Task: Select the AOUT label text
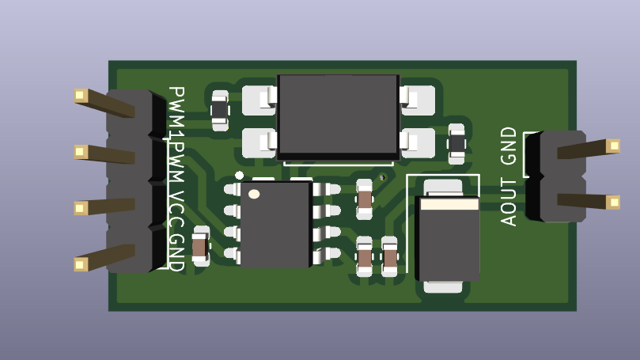pyautogui.click(x=509, y=203)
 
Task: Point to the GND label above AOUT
pyautogui.click(x=509, y=146)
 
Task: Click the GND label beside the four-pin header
pyautogui.click(x=176, y=252)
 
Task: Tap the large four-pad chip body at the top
pyautogui.click(x=338, y=117)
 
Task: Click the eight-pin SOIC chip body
pyautogui.click(x=275, y=225)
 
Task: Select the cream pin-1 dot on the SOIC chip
pyautogui.click(x=254, y=194)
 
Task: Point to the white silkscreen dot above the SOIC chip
pyautogui.click(x=239, y=176)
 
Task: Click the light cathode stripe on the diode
pyautogui.click(x=449, y=204)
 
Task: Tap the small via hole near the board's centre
pyautogui.click(x=382, y=177)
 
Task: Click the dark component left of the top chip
pyautogui.click(x=220, y=110)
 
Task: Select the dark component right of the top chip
pyautogui.click(x=456, y=144)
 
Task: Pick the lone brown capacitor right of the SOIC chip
pyautogui.click(x=364, y=199)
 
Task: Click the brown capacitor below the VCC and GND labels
pyautogui.click(x=200, y=247)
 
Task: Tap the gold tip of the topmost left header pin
pyautogui.click(x=80, y=96)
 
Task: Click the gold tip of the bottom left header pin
pyautogui.click(x=80, y=265)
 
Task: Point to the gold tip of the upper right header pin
pyautogui.click(x=613, y=146)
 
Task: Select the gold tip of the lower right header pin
pyautogui.click(x=613, y=203)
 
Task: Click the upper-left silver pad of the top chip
pyautogui.click(x=259, y=100)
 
